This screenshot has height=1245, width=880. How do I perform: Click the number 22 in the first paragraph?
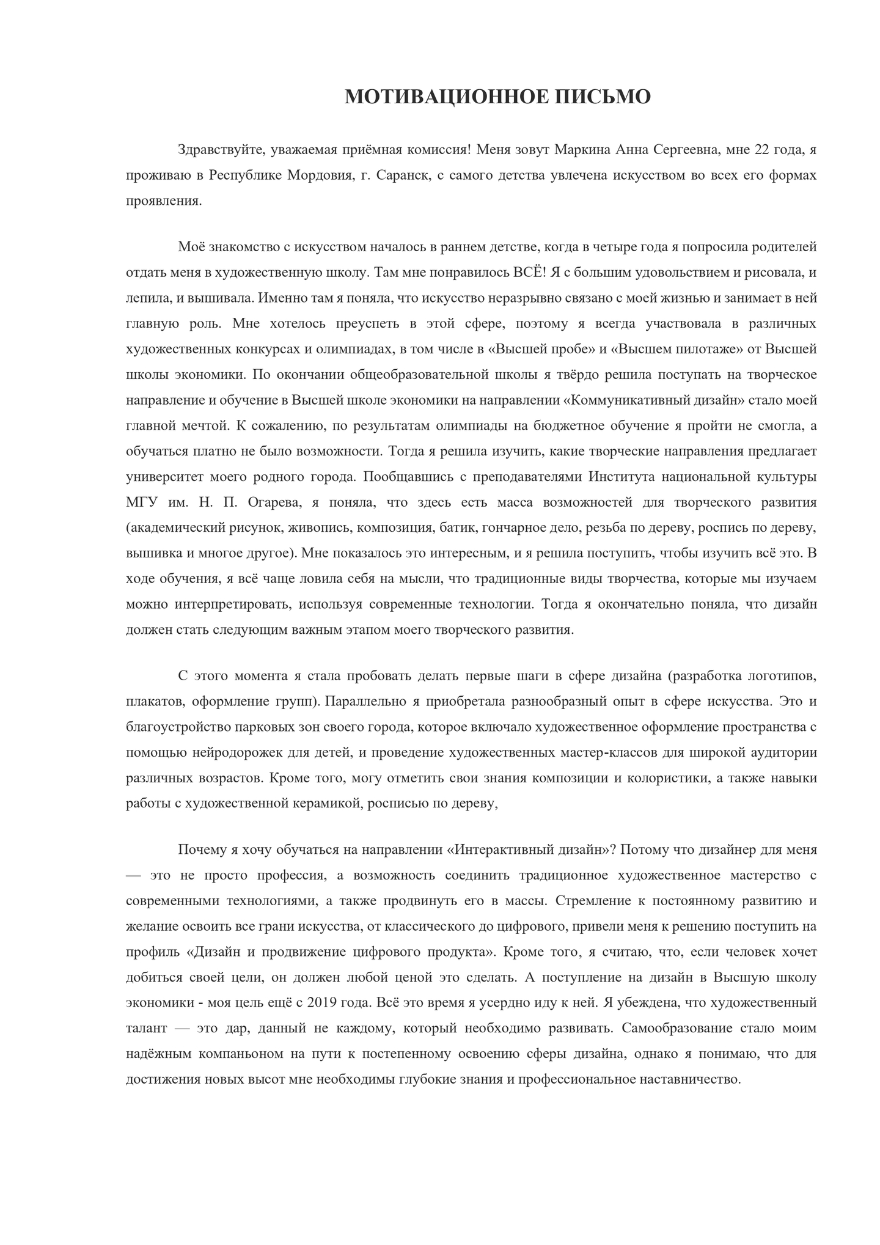[x=763, y=150]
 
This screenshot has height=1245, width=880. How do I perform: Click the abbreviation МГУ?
[x=141, y=502]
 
